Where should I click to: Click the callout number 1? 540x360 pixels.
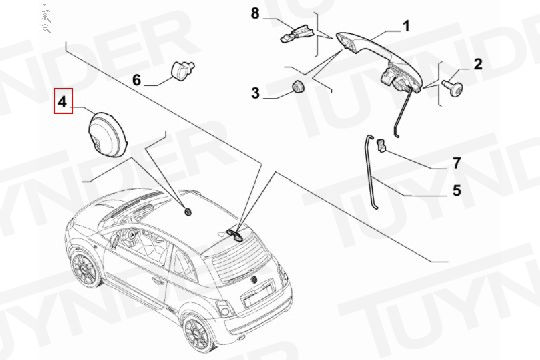tap(407, 26)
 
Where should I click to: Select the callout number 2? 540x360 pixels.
tap(478, 64)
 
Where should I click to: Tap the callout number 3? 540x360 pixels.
tap(255, 93)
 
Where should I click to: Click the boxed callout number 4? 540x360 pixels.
tap(63, 101)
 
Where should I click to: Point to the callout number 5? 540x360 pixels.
tap(457, 190)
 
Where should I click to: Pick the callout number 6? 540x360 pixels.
tap(137, 80)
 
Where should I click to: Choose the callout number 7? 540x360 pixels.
tap(456, 163)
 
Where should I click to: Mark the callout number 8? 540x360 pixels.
tap(255, 14)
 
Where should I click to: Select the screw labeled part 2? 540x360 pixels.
tap(453, 87)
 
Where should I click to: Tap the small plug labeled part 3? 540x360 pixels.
tap(298, 86)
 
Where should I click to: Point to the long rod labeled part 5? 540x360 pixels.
tap(371, 171)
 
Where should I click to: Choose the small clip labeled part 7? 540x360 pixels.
tap(381, 145)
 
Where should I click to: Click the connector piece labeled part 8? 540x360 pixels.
tap(298, 33)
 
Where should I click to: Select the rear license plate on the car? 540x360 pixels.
tap(258, 295)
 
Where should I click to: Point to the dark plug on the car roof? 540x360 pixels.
tap(188, 212)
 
